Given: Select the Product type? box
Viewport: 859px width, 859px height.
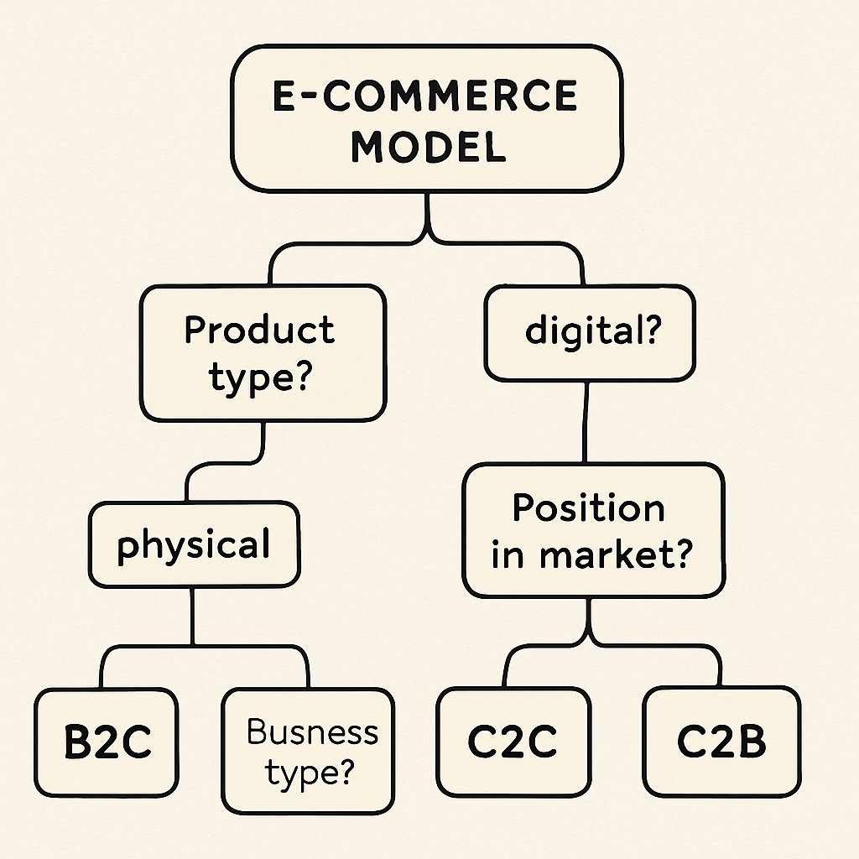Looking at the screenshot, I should coord(263,353).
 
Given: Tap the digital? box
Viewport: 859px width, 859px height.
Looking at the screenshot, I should coord(590,332).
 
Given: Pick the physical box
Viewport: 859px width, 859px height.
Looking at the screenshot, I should coord(194,544).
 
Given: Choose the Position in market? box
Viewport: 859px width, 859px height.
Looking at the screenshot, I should coord(592,531).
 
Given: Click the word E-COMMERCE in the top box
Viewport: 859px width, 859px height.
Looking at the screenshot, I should coord(426,96).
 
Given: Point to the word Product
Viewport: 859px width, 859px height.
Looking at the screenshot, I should coord(259,331).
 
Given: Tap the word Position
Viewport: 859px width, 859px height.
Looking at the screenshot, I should coord(589,508).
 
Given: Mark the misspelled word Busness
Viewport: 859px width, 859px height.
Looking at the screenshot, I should coord(312,731).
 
